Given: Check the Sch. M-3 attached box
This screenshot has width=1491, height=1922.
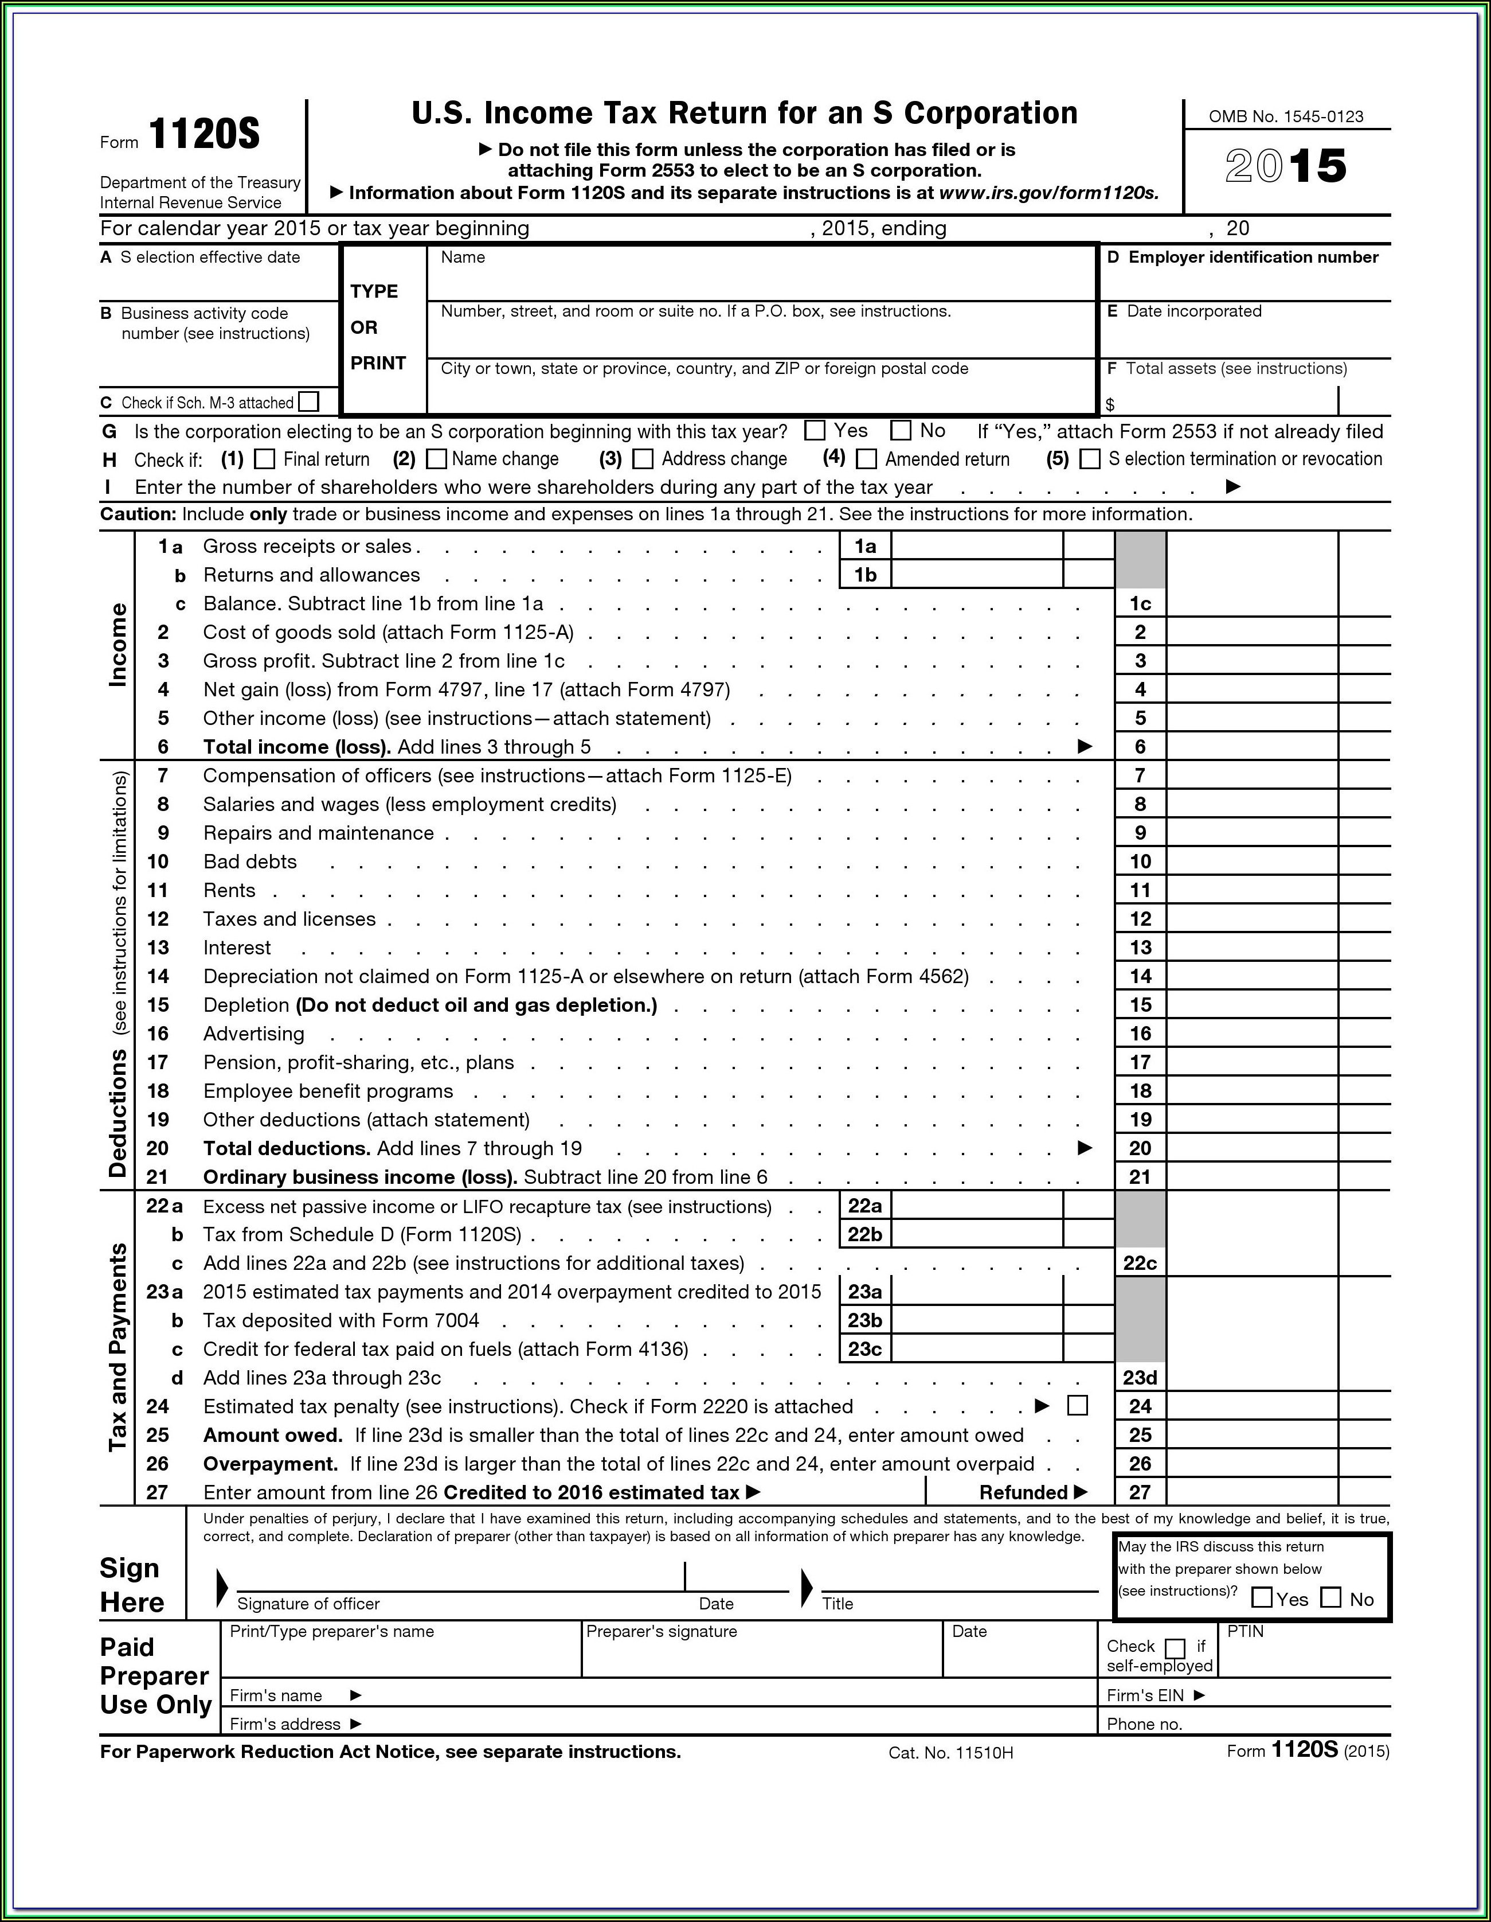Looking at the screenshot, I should click(308, 402).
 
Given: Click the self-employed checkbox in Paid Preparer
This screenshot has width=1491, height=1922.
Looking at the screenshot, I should click(1175, 1647).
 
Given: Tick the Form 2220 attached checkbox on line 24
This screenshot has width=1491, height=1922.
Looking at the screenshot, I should click(1077, 1405).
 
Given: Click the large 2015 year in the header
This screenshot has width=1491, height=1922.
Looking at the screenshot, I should click(1285, 166).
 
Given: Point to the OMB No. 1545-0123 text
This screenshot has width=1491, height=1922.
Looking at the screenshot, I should click(1285, 117).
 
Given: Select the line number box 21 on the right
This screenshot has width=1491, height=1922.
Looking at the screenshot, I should click(1140, 1176).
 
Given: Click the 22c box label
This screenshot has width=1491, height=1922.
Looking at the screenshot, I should click(1140, 1263).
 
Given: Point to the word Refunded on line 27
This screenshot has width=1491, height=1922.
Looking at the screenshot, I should click(1023, 1492).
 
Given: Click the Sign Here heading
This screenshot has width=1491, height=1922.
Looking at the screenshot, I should click(132, 1585).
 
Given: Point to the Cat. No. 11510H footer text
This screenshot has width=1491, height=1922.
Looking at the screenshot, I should click(951, 1753).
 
